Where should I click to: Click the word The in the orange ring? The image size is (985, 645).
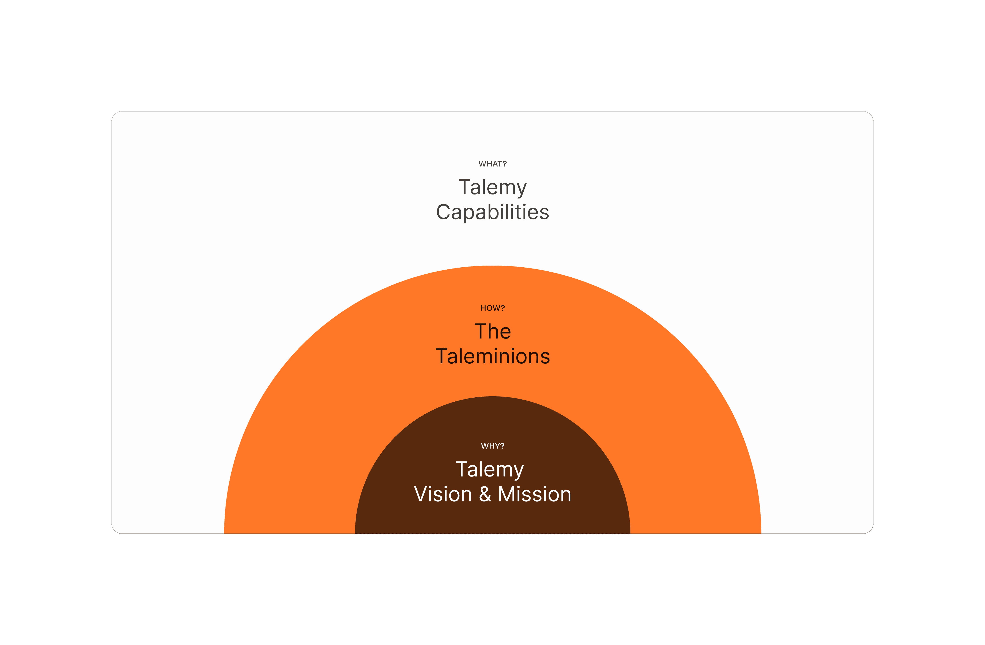(492, 332)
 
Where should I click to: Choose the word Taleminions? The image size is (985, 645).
(492, 357)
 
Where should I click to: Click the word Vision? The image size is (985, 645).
(443, 495)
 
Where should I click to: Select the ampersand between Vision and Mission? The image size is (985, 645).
(485, 495)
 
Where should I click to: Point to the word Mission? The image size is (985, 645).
(535, 495)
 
